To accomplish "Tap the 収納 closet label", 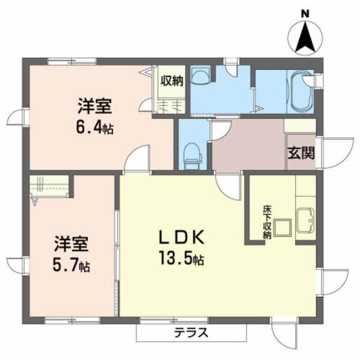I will tap(172, 80).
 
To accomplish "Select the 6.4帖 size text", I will tap(95, 128).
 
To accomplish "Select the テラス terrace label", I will tap(192, 332).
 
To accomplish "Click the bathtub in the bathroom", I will tap(299, 90).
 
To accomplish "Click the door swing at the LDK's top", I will tap(228, 184).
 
